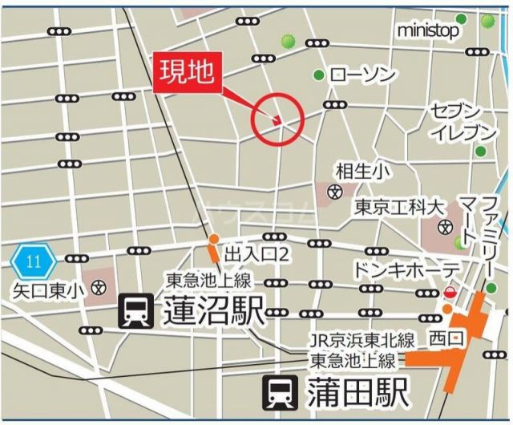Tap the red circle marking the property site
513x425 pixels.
tap(277, 119)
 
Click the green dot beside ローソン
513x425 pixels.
tap(319, 75)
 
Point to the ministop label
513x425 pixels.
tap(428, 30)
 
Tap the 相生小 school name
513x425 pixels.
tap(362, 170)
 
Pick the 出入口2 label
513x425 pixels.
tap(256, 254)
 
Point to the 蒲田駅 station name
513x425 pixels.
tap(357, 394)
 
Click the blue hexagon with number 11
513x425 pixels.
tap(33, 261)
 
